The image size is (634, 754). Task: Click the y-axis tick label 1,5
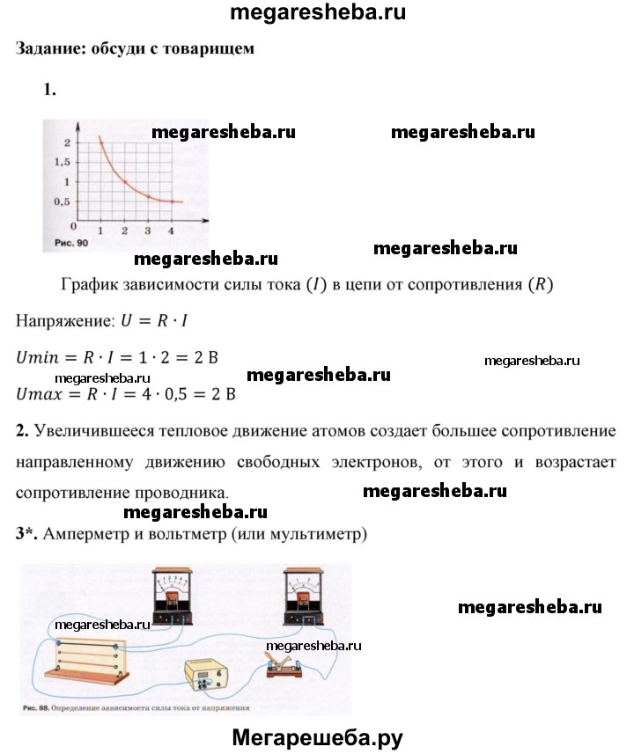click(x=61, y=162)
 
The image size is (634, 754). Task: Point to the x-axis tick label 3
click(x=148, y=231)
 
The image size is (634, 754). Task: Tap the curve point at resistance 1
click(x=100, y=139)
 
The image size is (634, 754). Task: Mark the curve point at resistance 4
click(x=172, y=201)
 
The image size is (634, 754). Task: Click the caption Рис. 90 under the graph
click(x=67, y=242)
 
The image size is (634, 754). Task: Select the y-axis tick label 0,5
click(x=61, y=201)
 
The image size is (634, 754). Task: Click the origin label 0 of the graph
click(x=73, y=225)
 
